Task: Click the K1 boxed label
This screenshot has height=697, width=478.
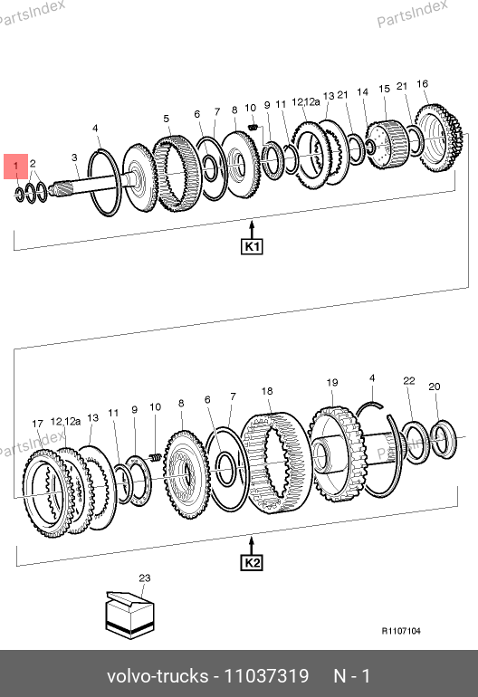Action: pos(252,247)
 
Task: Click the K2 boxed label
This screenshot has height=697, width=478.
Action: pos(252,563)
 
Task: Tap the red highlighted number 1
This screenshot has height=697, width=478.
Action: pos(16,167)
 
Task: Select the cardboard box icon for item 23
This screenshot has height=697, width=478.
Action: pos(129,615)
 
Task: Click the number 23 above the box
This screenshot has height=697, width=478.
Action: pos(145,578)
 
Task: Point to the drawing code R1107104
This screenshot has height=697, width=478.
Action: pos(401,631)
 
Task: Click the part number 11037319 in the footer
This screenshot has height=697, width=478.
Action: pos(266,676)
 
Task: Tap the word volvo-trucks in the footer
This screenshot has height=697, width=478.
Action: pos(158,676)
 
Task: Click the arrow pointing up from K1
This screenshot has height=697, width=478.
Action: pos(252,230)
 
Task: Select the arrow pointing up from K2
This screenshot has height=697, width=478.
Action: pos(252,547)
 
